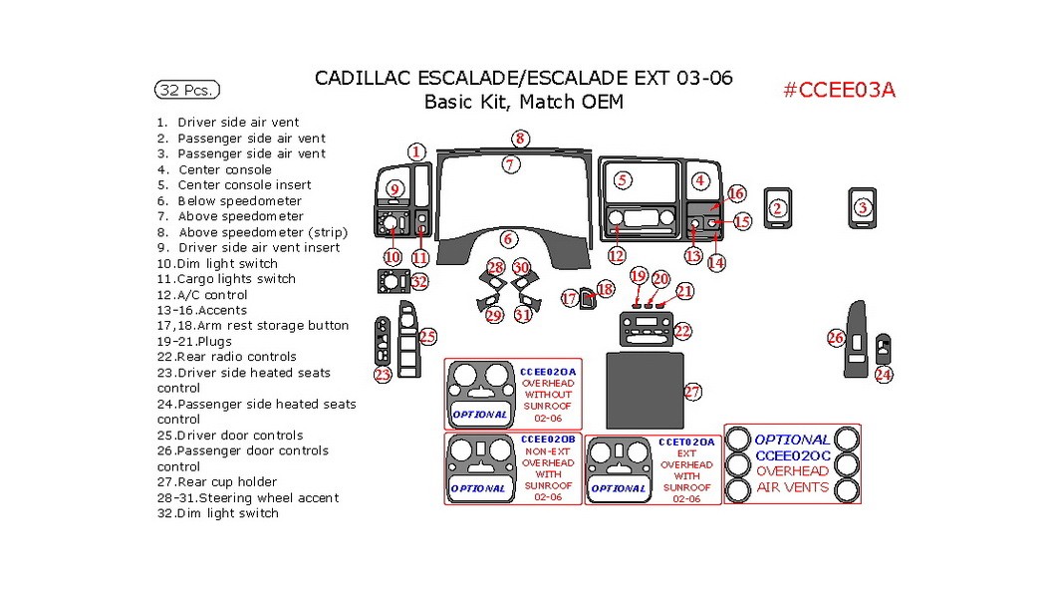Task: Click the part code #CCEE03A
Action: pos(839,90)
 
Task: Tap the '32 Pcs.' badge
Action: pos(186,90)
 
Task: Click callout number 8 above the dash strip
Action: pos(519,139)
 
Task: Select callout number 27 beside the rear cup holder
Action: pos(693,392)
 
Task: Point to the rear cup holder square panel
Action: pos(644,390)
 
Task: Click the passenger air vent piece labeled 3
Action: pos(863,207)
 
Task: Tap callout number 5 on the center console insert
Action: pos(623,180)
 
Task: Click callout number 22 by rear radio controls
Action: pos(682,330)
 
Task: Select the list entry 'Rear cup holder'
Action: pos(217,482)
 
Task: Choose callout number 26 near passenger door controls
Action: pos(836,338)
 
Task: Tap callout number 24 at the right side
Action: pos(884,375)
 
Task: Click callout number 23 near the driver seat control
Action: pos(383,375)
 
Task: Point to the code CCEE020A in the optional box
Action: pos(548,371)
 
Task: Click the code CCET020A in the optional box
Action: pos(686,442)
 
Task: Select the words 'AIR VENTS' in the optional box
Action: pos(792,487)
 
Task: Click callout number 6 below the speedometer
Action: pos(508,238)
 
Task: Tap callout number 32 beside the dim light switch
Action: pos(419,282)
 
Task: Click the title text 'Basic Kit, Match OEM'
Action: pos(524,102)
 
